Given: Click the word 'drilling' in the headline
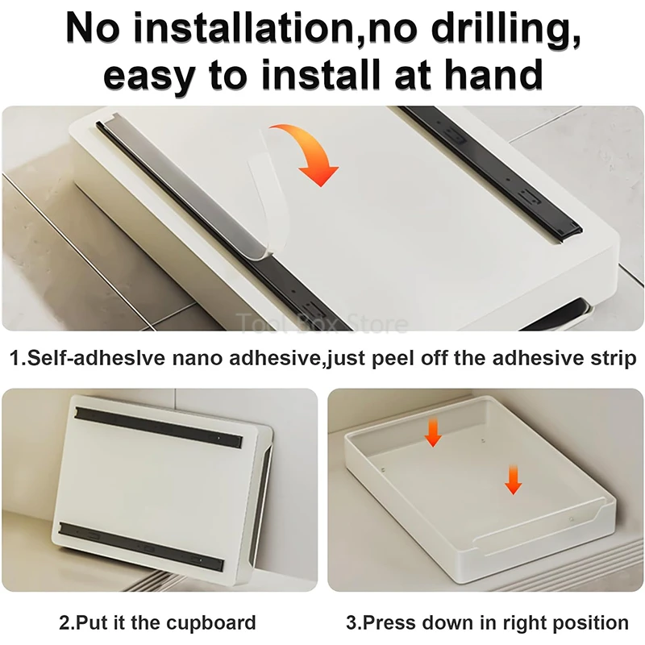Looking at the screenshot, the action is [x=505, y=28].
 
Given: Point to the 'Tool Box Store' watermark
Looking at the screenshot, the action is [x=322, y=324].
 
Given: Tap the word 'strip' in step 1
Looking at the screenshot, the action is [x=614, y=359].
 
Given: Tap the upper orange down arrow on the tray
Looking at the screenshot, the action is [x=433, y=432].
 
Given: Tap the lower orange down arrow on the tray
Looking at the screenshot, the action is [x=513, y=479].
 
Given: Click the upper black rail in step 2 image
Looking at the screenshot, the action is [x=158, y=427].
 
